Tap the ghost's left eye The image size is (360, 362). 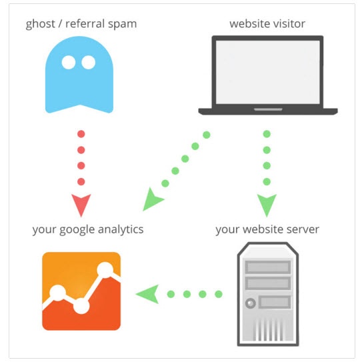[69, 63]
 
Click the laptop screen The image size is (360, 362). [268, 72]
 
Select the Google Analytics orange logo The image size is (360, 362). [81, 291]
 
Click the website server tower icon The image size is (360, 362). [268, 294]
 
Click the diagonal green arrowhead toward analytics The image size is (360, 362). [152, 200]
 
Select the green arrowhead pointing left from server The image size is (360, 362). [147, 294]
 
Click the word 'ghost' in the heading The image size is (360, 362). [40, 24]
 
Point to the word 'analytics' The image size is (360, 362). [121, 230]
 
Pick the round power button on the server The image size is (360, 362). [250, 303]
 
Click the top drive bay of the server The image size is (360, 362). [268, 267]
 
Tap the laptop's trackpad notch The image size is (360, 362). [268, 109]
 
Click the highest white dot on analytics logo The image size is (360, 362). [105, 270]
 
